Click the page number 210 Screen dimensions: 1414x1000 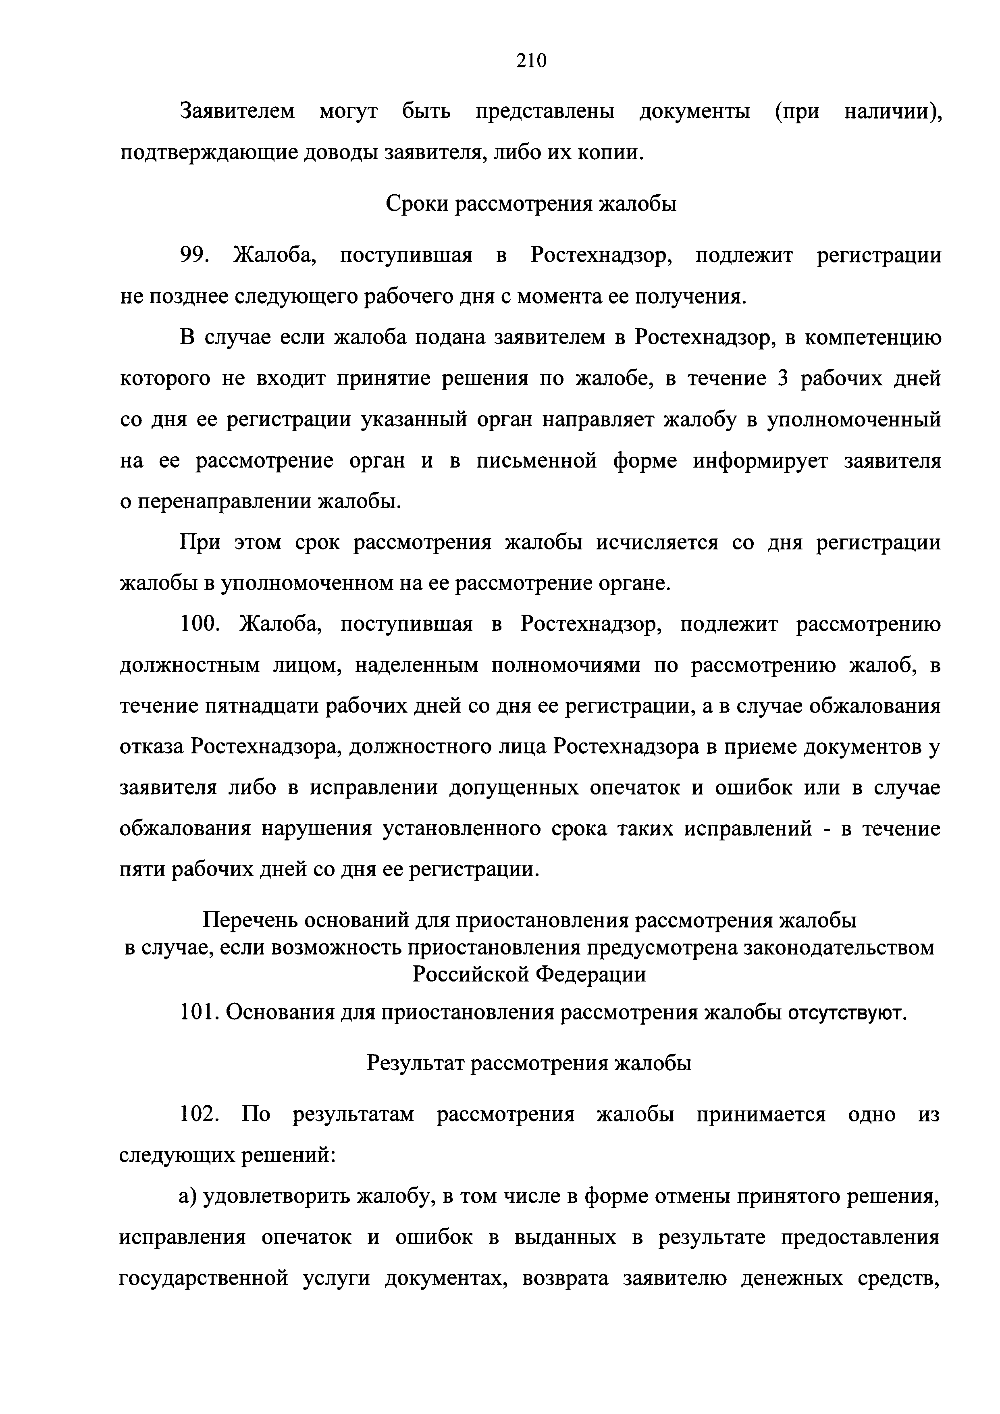point(531,60)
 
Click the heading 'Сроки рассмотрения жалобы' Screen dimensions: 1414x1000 point(531,203)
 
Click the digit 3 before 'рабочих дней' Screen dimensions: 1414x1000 point(783,378)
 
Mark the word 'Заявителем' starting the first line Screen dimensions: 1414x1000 point(237,112)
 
